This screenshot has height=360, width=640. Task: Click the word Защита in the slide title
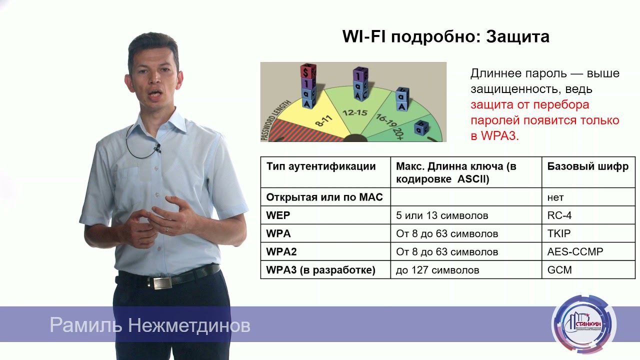517,36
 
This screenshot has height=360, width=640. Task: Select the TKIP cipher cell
559,233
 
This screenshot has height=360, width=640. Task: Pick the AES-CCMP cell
575,251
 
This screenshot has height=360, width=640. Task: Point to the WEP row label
278,215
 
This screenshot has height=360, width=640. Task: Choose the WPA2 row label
281,251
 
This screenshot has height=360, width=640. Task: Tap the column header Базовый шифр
587,166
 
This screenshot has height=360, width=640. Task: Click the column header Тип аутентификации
321,166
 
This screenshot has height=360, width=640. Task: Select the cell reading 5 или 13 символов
442,215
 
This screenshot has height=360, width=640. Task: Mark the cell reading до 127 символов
437,270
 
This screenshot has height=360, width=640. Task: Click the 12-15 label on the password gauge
355,113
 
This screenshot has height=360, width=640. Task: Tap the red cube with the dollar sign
306,71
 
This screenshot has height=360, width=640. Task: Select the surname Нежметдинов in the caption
189,326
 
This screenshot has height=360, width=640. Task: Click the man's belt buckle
162,283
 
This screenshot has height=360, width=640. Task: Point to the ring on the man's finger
167,228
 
